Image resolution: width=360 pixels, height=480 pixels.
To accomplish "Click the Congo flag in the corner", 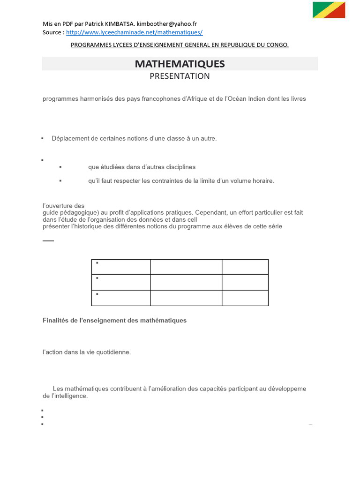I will point(329,10).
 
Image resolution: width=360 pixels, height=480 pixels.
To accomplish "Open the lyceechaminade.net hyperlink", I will point(134,32).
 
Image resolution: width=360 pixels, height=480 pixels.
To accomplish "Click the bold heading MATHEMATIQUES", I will point(180,64).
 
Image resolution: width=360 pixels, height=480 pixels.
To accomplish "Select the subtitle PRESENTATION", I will point(180,76).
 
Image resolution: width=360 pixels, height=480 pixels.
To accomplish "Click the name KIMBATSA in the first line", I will point(120,24).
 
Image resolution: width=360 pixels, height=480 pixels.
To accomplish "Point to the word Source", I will point(52,32).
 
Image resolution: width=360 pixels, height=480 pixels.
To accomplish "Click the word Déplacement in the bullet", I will point(70,138).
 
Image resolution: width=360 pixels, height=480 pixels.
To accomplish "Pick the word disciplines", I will point(180,167).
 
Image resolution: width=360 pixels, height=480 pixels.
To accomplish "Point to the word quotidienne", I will point(112,352).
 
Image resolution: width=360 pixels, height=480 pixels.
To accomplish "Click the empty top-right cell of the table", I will point(245,267).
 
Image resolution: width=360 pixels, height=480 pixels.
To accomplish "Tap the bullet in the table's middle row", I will point(97,278).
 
